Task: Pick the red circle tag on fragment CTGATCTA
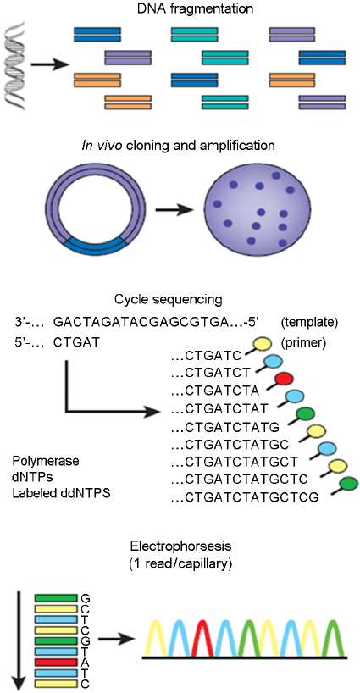[x=284, y=377]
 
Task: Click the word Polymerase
[x=44, y=462]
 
